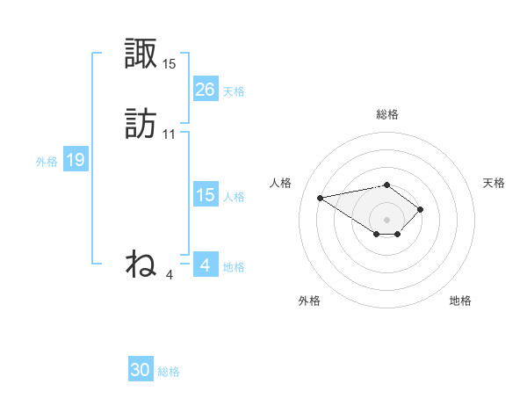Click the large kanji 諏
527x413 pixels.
click(x=141, y=54)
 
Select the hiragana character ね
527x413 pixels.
click(x=141, y=264)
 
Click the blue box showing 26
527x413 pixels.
click(x=205, y=90)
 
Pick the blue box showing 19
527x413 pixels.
click(x=75, y=160)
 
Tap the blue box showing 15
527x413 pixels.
click(x=205, y=195)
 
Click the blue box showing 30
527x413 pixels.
click(x=141, y=370)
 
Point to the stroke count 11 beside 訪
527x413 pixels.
click(x=170, y=134)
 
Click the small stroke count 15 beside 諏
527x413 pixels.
click(x=170, y=64)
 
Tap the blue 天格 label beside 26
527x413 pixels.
click(x=234, y=91)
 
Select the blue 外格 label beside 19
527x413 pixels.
click(x=47, y=162)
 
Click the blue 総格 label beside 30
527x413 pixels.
click(x=169, y=372)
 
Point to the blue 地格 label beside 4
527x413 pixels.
click(x=234, y=267)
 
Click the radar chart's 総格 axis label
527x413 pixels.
click(x=386, y=114)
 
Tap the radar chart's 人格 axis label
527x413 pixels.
click(x=281, y=183)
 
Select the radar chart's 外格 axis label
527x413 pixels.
click(x=309, y=301)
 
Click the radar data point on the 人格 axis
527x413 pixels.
click(x=321, y=197)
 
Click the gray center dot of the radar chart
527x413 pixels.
click(x=386, y=220)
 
